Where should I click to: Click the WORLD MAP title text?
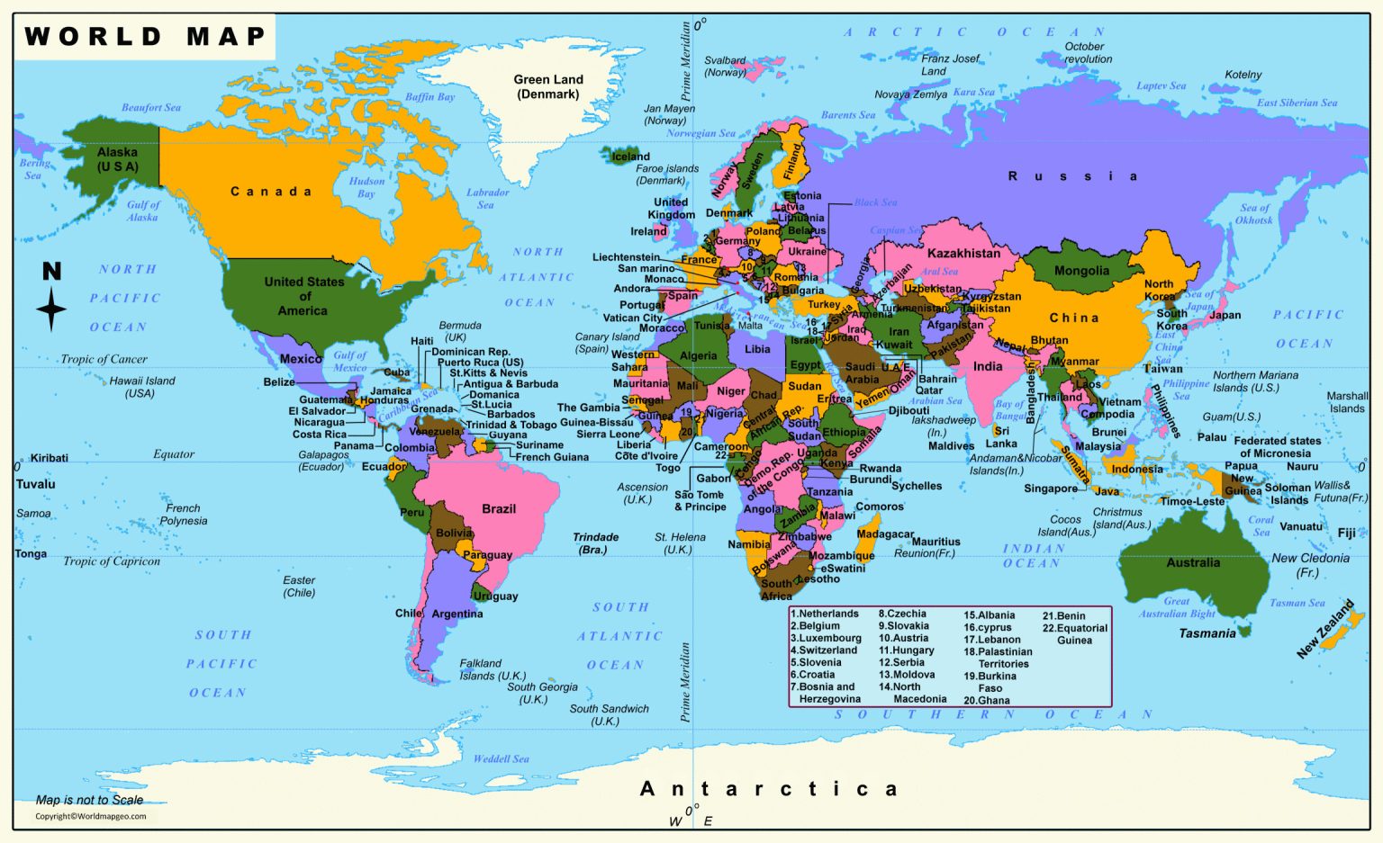pos(145,37)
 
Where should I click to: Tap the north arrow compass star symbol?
pos(51,309)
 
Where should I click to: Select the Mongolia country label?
pos(1081,271)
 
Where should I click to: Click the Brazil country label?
pos(499,509)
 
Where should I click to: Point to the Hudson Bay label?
pos(366,187)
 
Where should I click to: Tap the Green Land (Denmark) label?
pos(548,87)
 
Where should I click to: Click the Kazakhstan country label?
pos(963,254)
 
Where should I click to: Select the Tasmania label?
pos(1207,633)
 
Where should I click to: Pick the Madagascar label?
pos(884,534)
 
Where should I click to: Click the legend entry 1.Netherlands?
pos(825,614)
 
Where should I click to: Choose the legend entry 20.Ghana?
pos(987,700)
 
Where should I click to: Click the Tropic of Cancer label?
pos(104,359)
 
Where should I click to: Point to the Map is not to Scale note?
pos(89,800)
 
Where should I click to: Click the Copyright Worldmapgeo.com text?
pos(90,817)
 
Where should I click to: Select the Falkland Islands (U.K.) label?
pos(492,669)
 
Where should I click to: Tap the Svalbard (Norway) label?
pos(725,67)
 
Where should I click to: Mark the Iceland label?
pos(630,157)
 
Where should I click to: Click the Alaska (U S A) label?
pos(118,159)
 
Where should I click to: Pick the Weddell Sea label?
pos(502,759)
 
